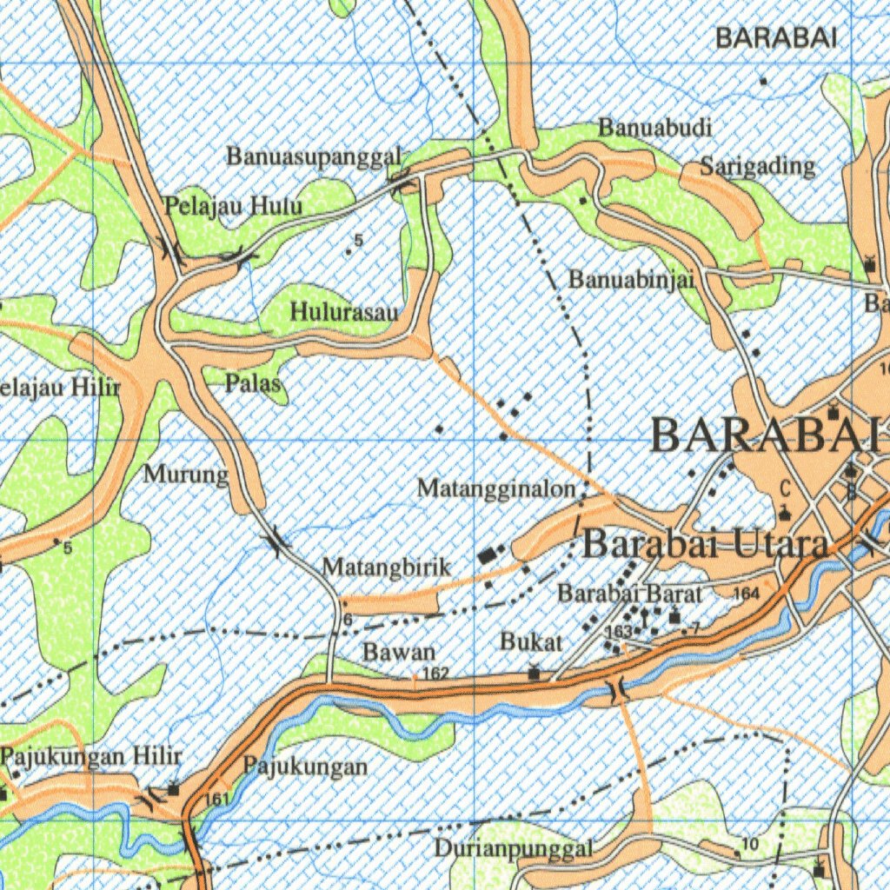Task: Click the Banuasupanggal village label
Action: click(x=314, y=156)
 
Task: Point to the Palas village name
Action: click(x=253, y=383)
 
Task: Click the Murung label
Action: click(x=185, y=475)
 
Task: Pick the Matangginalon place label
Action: click(x=496, y=489)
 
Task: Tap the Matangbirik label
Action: click(x=387, y=568)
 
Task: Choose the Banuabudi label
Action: click(x=655, y=128)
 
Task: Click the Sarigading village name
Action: click(x=758, y=167)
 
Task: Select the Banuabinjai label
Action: click(x=631, y=279)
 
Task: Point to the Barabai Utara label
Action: click(x=705, y=545)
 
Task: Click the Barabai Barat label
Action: click(x=629, y=594)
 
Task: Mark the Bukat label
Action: click(x=531, y=642)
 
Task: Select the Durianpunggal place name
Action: click(x=515, y=848)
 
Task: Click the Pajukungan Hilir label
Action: click(x=91, y=756)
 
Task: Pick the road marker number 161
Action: click(x=217, y=799)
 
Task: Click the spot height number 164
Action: click(x=746, y=594)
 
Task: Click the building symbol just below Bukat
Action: click(x=534, y=672)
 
